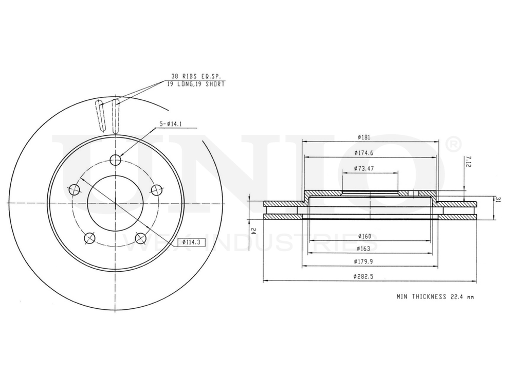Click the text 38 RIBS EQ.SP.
point(195,76)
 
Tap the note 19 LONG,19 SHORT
point(196,84)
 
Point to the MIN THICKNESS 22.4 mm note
point(435,296)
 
